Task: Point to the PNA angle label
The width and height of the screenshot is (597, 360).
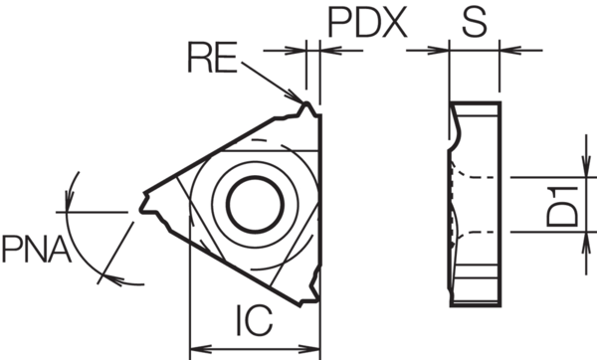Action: click(x=35, y=248)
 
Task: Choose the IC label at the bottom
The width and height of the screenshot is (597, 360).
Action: click(x=255, y=319)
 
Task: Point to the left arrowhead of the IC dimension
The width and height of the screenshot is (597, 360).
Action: click(x=196, y=348)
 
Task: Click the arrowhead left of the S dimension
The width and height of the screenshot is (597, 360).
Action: click(x=444, y=48)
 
